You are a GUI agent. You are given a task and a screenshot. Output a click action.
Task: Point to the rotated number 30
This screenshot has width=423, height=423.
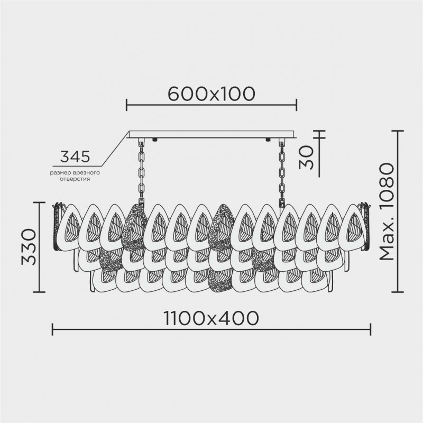306,157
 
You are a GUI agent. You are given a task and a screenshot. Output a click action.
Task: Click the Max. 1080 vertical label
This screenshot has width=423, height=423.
388,212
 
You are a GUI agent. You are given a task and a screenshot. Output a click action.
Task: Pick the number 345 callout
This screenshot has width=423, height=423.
74,157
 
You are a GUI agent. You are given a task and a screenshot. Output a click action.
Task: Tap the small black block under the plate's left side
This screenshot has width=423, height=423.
154,140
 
